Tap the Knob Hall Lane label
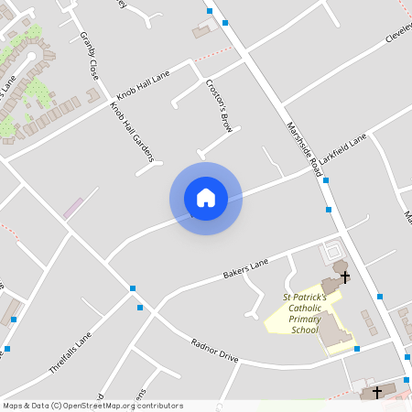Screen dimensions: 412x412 tap(142, 88)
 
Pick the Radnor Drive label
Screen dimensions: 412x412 tap(214, 351)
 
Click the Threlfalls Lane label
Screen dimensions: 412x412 tap(71, 352)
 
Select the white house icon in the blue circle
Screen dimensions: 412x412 tap(206, 198)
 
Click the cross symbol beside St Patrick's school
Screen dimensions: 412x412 tap(345, 276)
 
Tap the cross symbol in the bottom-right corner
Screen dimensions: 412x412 tap(376, 392)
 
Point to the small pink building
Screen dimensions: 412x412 tap(72, 208)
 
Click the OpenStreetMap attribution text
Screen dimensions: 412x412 tap(92, 406)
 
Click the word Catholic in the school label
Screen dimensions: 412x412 tap(305, 309)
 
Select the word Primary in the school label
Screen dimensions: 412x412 tap(305, 319)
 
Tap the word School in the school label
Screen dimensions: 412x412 tap(305, 330)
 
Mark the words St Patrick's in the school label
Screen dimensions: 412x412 tap(305, 298)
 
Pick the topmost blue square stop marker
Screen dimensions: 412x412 tap(210, 11)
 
